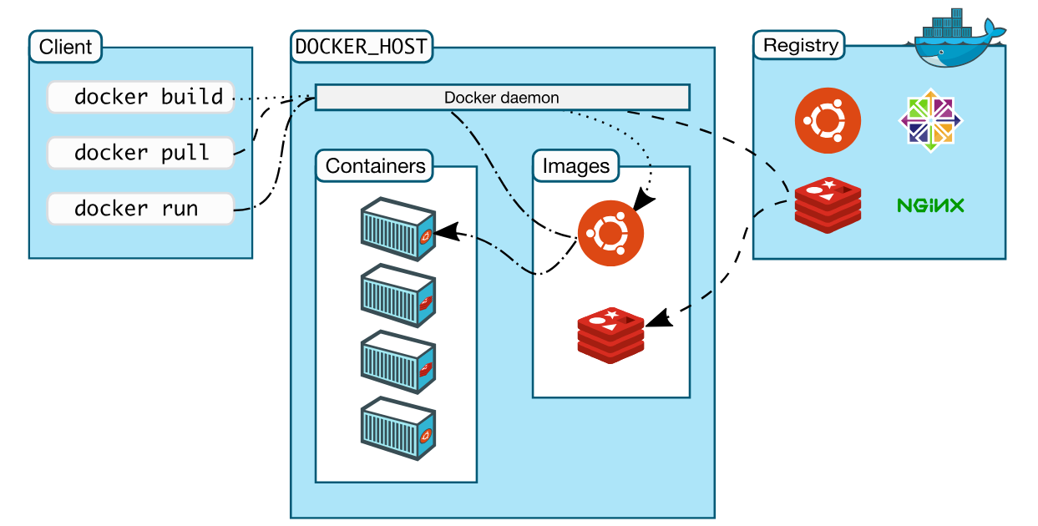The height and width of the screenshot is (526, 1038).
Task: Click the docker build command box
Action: coord(139,97)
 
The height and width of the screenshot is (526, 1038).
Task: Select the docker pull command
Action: coord(139,153)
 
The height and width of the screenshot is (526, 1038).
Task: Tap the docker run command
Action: coord(139,208)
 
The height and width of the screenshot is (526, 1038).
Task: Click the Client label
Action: coord(65,47)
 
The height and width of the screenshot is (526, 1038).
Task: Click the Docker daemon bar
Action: coord(502,97)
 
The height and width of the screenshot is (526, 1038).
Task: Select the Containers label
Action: coord(375,165)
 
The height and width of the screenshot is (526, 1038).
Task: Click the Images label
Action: coord(575,165)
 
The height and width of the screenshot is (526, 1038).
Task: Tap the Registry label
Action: coord(800,45)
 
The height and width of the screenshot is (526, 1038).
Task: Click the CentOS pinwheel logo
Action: coord(930,122)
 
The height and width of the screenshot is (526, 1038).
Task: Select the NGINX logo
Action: coord(930,205)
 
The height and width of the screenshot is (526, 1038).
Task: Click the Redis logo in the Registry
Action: coord(828,205)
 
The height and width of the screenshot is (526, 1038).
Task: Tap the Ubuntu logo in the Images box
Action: coord(611,234)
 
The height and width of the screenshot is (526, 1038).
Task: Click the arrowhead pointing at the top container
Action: coord(447,231)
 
